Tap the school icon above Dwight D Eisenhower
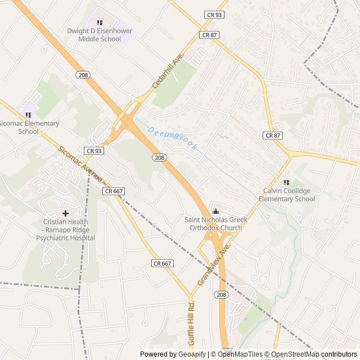point(100,22)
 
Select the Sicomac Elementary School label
point(28,127)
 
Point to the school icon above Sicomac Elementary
point(28,115)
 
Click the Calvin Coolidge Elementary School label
point(286,195)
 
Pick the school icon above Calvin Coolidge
point(286,182)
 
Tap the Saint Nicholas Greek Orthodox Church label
point(213,224)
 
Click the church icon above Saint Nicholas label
point(215,211)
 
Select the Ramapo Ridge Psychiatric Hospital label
point(65,229)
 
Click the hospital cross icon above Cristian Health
point(65,213)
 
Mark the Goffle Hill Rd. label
point(191,324)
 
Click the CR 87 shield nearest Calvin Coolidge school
point(272,136)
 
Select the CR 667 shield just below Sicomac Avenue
point(114,191)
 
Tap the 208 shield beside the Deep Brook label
point(160,157)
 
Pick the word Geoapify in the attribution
point(192,354)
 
